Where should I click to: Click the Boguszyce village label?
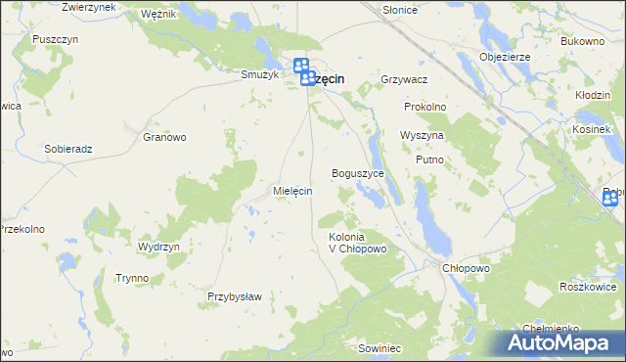point(364,173)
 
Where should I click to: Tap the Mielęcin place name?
point(292,191)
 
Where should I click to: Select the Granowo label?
point(164,138)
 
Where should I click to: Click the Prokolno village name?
point(425,107)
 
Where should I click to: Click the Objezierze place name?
point(505,57)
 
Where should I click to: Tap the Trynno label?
point(131,278)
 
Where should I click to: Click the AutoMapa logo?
point(561,343)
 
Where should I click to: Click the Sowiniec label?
point(380,348)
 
